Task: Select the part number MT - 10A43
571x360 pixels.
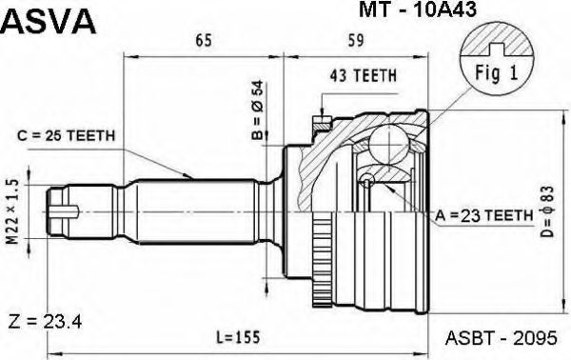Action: [418, 10]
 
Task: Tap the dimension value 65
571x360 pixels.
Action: [204, 40]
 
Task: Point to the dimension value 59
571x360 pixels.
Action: [355, 40]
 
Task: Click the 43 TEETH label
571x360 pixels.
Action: [364, 76]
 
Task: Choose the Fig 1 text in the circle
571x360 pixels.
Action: [496, 73]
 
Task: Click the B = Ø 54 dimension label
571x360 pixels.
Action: [257, 110]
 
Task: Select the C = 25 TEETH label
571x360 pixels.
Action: [66, 136]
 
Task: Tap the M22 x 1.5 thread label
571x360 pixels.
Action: [12, 212]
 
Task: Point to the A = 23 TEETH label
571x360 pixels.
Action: [484, 216]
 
